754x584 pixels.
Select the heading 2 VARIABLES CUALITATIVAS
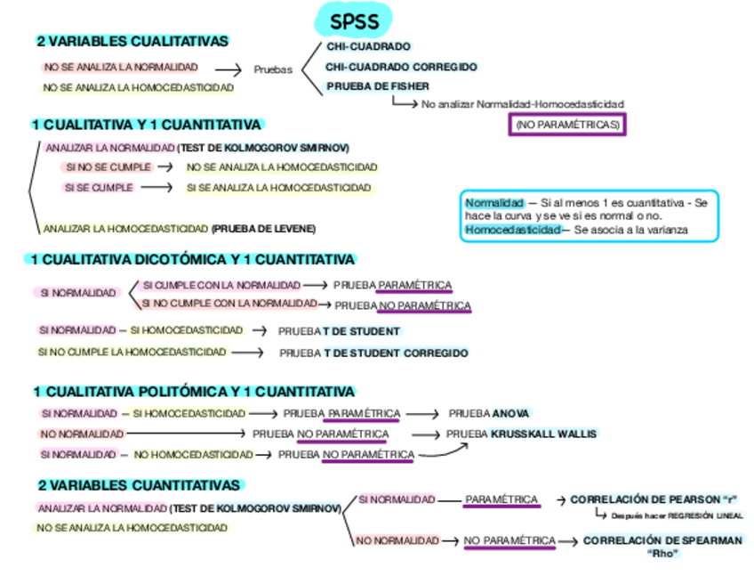coord(132,42)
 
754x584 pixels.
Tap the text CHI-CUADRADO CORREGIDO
coord(401,67)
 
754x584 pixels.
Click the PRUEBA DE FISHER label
coord(378,86)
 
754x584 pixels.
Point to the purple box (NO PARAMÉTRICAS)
coord(566,125)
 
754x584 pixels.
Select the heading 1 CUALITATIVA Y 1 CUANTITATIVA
coord(147,126)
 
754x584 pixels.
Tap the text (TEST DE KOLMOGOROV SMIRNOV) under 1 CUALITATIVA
coord(262,148)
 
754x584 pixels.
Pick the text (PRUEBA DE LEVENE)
coord(263,229)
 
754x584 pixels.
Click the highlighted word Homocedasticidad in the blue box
coord(512,230)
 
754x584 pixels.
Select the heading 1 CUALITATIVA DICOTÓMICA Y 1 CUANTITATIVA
coord(193,260)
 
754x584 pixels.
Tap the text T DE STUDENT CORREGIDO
coord(396,353)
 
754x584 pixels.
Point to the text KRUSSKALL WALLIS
coord(544,434)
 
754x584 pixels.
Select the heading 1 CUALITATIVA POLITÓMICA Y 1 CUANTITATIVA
coord(194,392)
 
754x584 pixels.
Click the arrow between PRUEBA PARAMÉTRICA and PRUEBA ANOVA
coord(423,414)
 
